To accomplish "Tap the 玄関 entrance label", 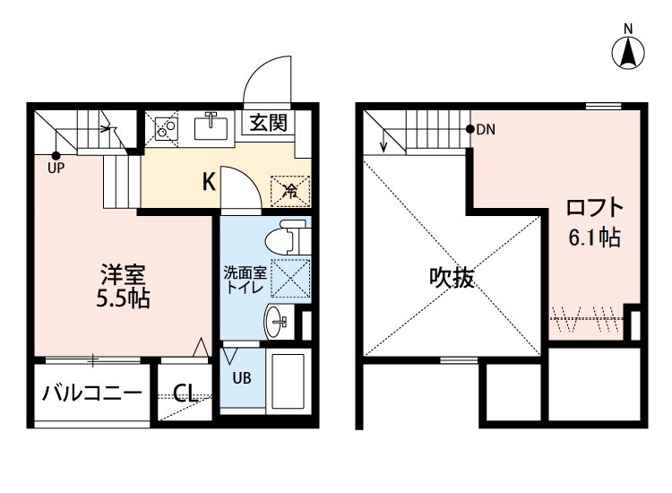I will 267,123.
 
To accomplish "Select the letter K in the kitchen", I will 208,182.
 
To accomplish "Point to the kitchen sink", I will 212,128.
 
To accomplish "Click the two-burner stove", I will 165,129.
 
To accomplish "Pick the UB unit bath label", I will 243,377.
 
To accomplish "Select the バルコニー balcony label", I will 91,393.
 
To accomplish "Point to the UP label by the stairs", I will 56,167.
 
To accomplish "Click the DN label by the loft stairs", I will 485,129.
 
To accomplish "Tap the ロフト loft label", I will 594,209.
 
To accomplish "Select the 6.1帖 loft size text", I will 594,239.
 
